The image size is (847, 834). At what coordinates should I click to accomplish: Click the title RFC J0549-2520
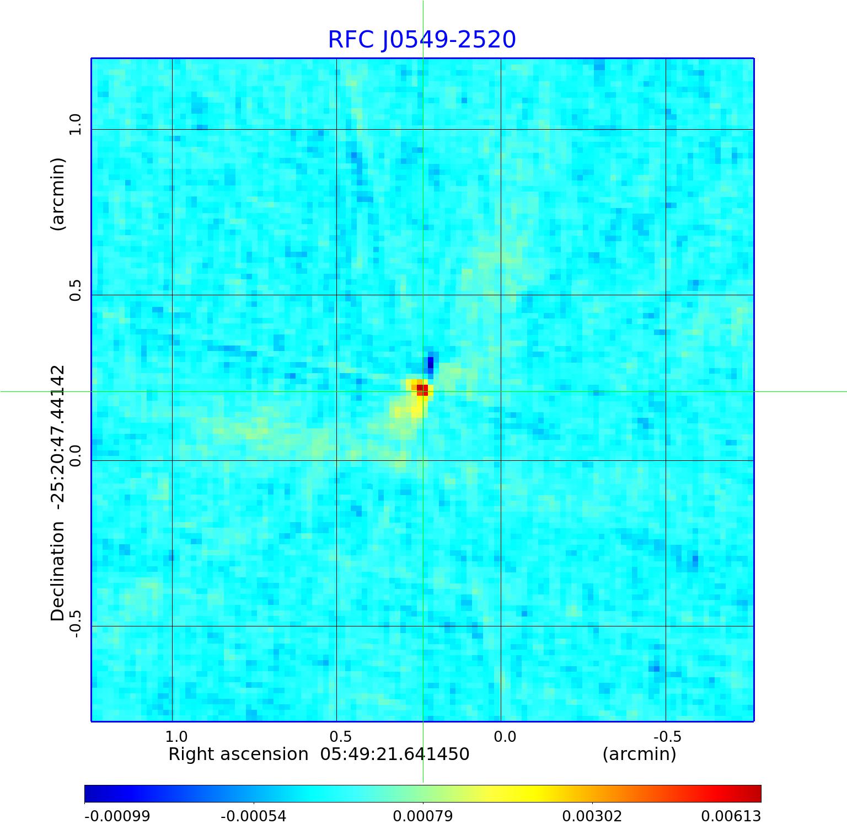pyautogui.click(x=422, y=40)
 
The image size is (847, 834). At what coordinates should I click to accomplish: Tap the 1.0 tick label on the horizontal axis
pyautogui.click(x=176, y=736)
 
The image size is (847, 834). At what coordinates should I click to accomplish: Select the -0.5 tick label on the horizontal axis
pyautogui.click(x=667, y=736)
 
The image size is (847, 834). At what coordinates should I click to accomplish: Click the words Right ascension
pyautogui.click(x=238, y=754)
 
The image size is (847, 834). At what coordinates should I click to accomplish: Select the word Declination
pyautogui.click(x=58, y=572)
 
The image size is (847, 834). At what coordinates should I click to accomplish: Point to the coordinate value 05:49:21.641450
pyautogui.click(x=395, y=754)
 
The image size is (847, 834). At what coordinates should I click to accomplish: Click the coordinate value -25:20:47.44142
pyautogui.click(x=58, y=436)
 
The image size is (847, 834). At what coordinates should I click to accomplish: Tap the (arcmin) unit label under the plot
pyautogui.click(x=639, y=754)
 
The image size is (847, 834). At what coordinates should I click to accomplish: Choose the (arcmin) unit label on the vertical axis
pyautogui.click(x=58, y=194)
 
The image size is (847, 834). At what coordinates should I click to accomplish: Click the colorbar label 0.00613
pyautogui.click(x=731, y=816)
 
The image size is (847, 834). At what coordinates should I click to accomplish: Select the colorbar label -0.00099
pyautogui.click(x=117, y=816)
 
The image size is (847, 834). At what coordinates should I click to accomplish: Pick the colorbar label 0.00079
pyautogui.click(x=423, y=816)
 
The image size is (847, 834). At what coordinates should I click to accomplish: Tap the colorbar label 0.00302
pyautogui.click(x=592, y=816)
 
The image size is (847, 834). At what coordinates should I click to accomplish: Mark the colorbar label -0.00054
pyautogui.click(x=254, y=816)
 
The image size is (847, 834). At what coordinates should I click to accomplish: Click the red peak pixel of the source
pyautogui.click(x=422, y=390)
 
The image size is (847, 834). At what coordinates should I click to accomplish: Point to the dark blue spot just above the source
pyautogui.click(x=431, y=363)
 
